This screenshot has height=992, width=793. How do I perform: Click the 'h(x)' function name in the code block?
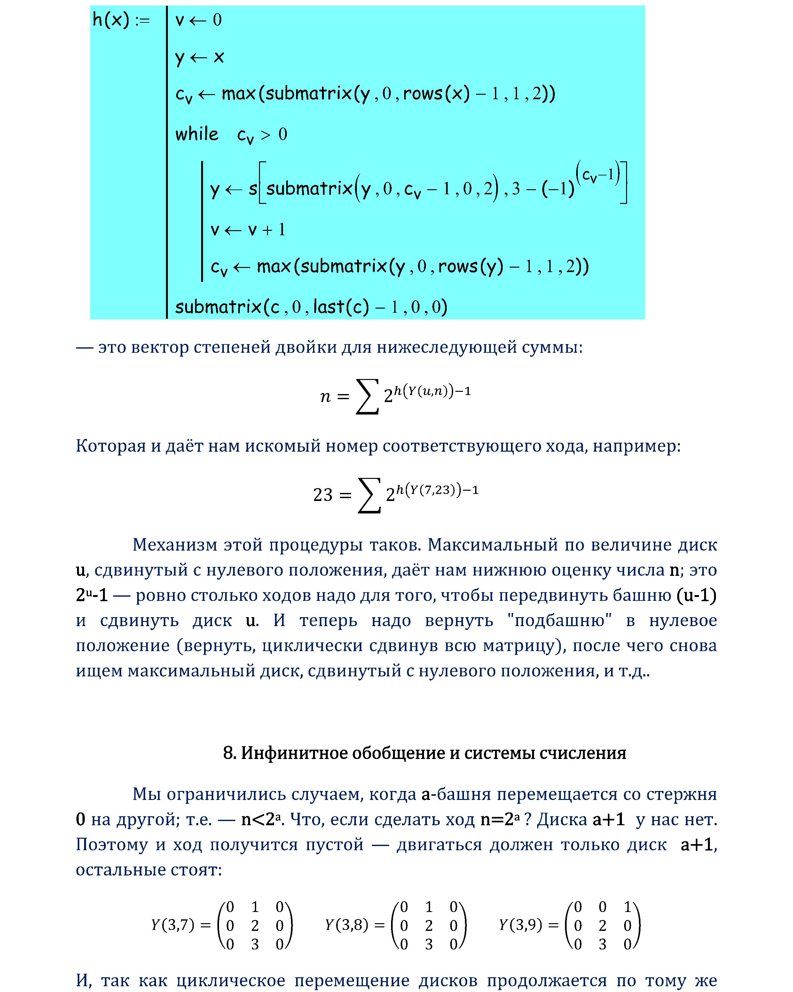(110, 20)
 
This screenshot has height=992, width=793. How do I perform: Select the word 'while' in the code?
(197, 134)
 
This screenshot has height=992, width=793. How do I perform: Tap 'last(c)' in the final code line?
(341, 307)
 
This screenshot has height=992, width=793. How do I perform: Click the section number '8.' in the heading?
(229, 753)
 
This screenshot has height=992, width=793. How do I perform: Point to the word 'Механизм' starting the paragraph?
(175, 545)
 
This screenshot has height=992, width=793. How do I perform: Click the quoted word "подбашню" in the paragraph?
(560, 621)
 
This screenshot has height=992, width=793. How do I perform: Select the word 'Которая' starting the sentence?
(110, 446)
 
